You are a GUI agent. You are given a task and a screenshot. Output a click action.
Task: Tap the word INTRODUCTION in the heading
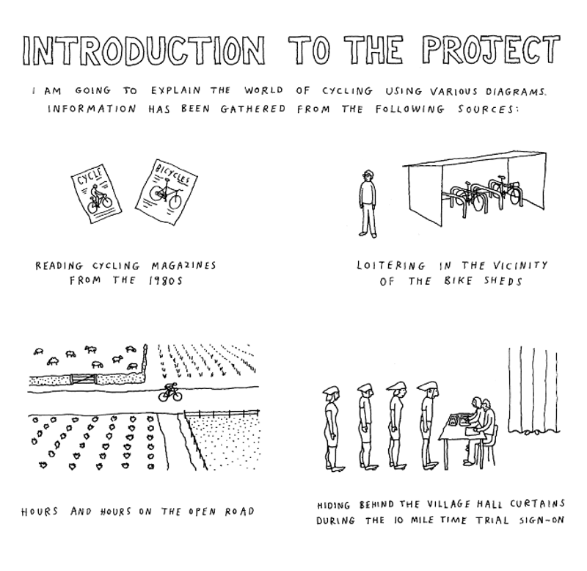pos(143,51)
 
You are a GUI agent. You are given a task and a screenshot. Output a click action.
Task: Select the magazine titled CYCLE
pos(97,194)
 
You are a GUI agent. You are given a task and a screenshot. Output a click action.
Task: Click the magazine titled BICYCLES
pos(167,192)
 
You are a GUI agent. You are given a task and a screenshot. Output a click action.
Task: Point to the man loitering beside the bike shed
pos(368,204)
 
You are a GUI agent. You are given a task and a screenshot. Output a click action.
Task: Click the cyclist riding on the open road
pos(170,393)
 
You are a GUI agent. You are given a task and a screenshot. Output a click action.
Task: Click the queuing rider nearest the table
pos(430,426)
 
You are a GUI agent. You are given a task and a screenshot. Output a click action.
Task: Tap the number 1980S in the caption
pos(165,281)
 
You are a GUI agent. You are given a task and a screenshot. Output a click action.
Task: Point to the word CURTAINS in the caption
pos(537,504)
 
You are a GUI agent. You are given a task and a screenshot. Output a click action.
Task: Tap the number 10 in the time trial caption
pos(399,520)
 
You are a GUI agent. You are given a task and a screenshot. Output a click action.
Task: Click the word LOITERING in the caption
pos(391,266)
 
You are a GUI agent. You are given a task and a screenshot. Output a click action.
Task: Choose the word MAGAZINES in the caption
pos(184,266)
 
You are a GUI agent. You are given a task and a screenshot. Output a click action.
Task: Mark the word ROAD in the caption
pos(240,512)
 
